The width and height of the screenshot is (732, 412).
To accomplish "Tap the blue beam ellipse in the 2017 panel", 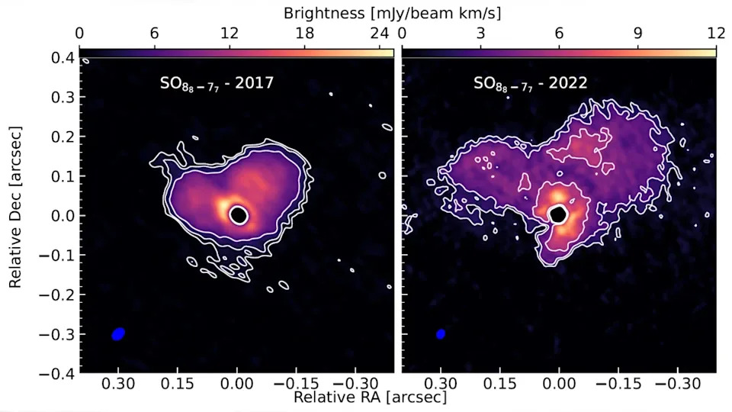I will [118, 333].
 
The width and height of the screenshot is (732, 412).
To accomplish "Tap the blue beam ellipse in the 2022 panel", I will [441, 334].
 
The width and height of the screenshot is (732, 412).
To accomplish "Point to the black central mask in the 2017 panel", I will [239, 215].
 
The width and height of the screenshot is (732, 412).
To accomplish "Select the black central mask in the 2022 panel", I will [559, 214].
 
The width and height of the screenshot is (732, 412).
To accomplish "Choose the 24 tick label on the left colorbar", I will [379, 34].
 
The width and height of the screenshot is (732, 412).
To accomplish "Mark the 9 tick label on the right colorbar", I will [637, 34].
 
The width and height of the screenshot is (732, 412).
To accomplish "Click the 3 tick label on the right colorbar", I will [480, 34].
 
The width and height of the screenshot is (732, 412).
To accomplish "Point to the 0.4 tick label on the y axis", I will [63, 58].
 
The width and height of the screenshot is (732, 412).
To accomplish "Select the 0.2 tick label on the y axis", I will [63, 137].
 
